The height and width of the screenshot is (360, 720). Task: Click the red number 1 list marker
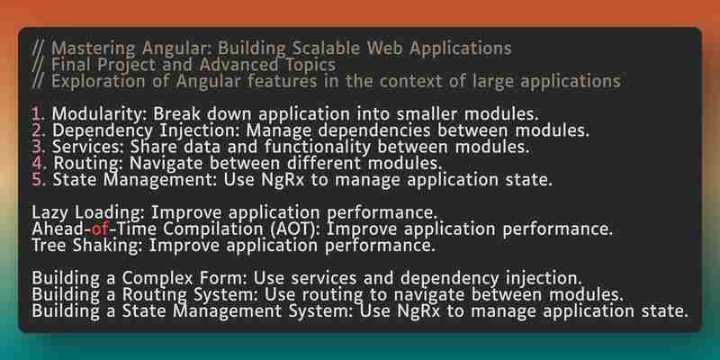pyautogui.click(x=36, y=114)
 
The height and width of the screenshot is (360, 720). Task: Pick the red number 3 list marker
pyautogui.click(x=36, y=147)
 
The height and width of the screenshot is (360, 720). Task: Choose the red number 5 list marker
pyautogui.click(x=37, y=180)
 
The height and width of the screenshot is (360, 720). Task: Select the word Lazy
pyautogui.click(x=51, y=213)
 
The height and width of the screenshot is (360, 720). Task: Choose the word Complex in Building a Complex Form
pyautogui.click(x=154, y=279)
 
